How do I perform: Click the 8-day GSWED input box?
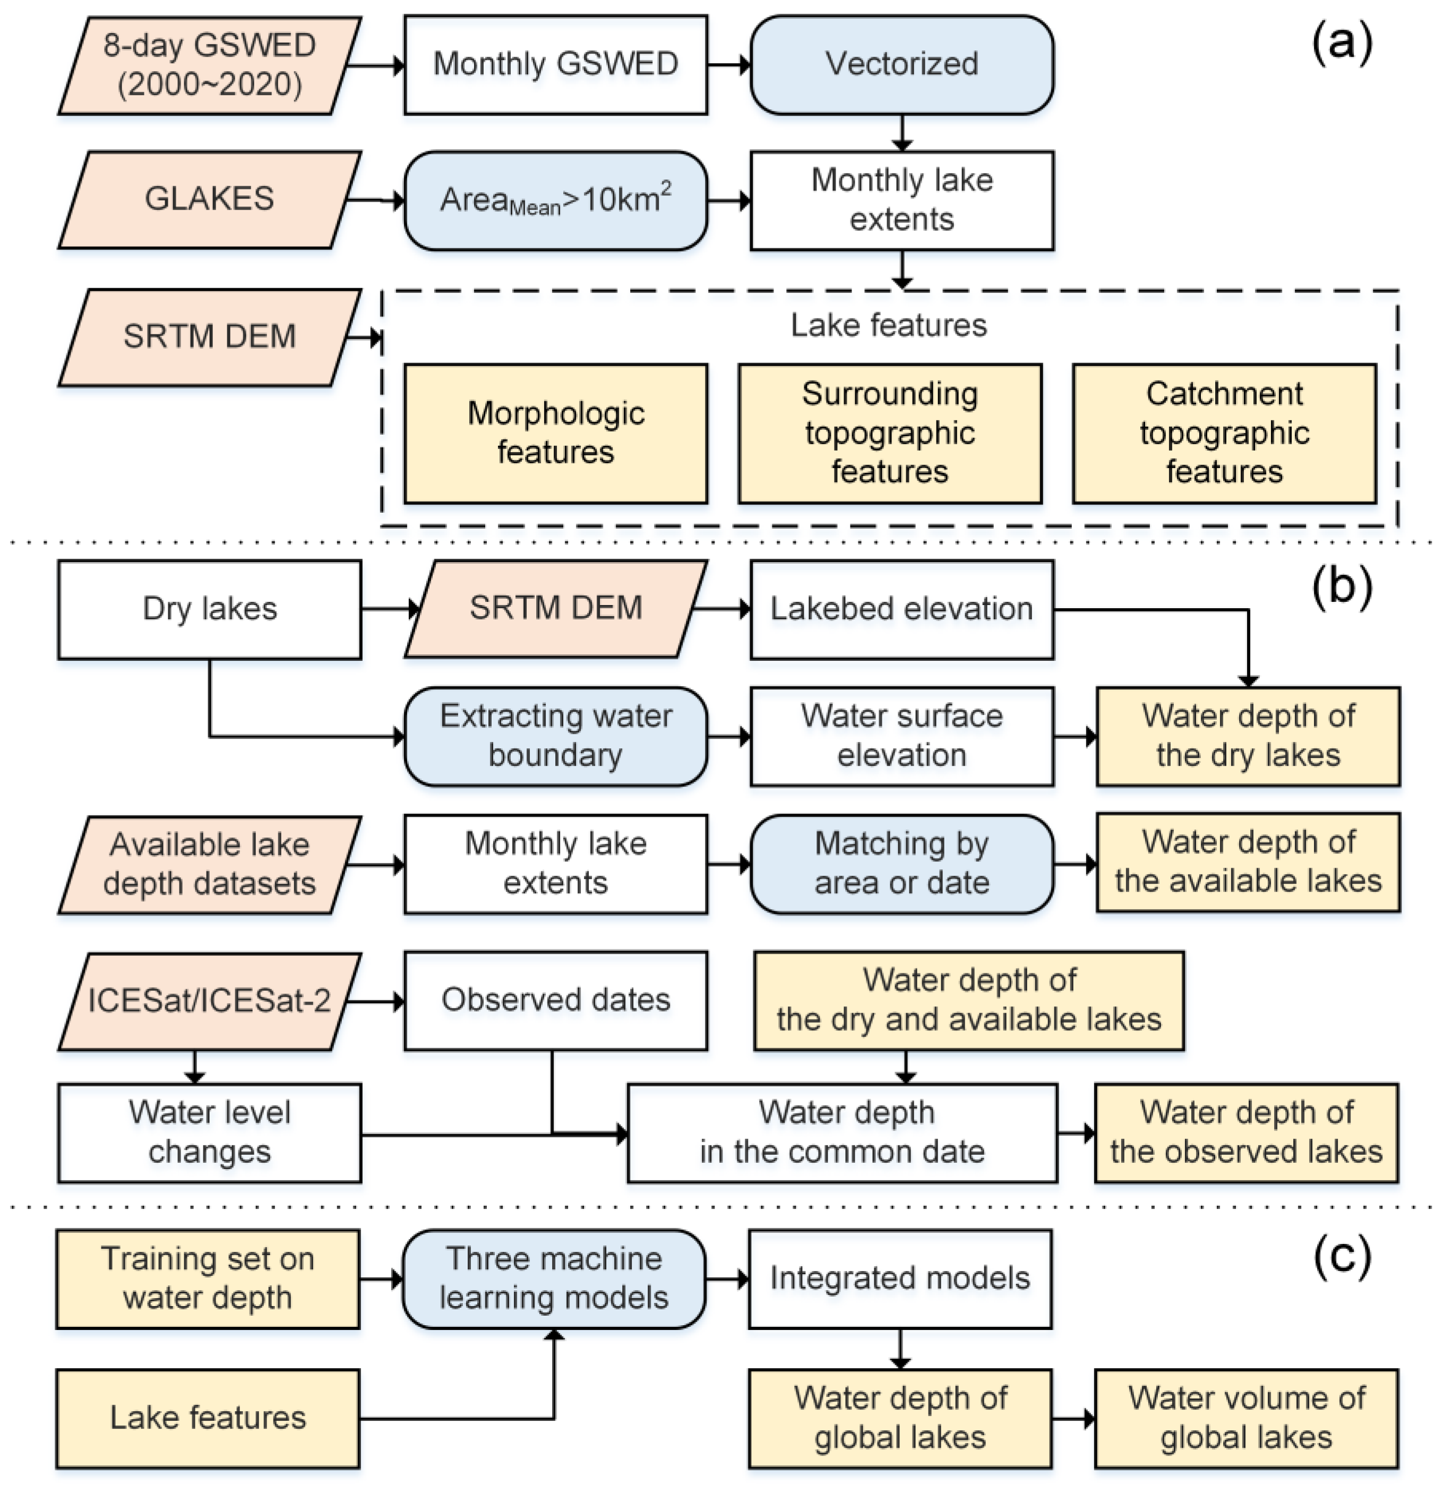[x=209, y=66]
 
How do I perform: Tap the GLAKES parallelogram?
[x=209, y=200]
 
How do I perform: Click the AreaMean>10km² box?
[x=555, y=201]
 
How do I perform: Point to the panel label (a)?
[x=1342, y=43]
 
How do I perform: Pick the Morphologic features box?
[x=555, y=434]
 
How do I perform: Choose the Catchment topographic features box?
[x=1224, y=434]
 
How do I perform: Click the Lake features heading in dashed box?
[x=889, y=325]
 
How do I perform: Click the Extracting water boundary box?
[x=555, y=736]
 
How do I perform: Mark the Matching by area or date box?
[x=902, y=863]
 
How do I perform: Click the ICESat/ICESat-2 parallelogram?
[x=209, y=1001]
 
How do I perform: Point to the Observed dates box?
[x=555, y=1001]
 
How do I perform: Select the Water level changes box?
[x=209, y=1133]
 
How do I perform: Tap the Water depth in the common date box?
[x=842, y=1133]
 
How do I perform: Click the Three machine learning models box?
[x=554, y=1279]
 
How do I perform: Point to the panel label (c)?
[x=1342, y=1256]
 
